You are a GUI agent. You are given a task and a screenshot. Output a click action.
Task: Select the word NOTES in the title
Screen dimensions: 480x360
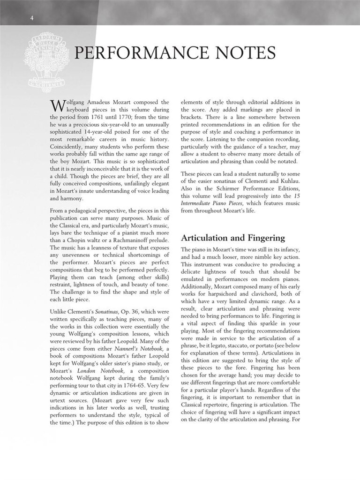pos(247,53)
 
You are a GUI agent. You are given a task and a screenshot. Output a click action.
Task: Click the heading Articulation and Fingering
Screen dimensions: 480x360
pos(232,238)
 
